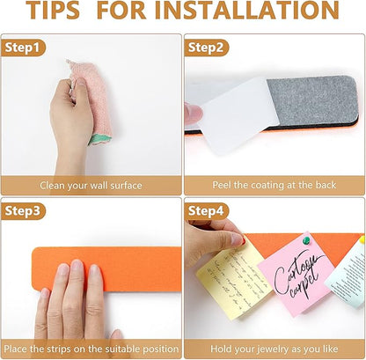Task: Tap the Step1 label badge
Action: [x=23, y=48]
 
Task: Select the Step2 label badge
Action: [x=207, y=48]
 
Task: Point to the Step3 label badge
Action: [x=23, y=210]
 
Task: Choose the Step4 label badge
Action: [x=207, y=210]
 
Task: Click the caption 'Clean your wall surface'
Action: [x=91, y=186]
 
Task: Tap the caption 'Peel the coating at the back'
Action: [x=274, y=186]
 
